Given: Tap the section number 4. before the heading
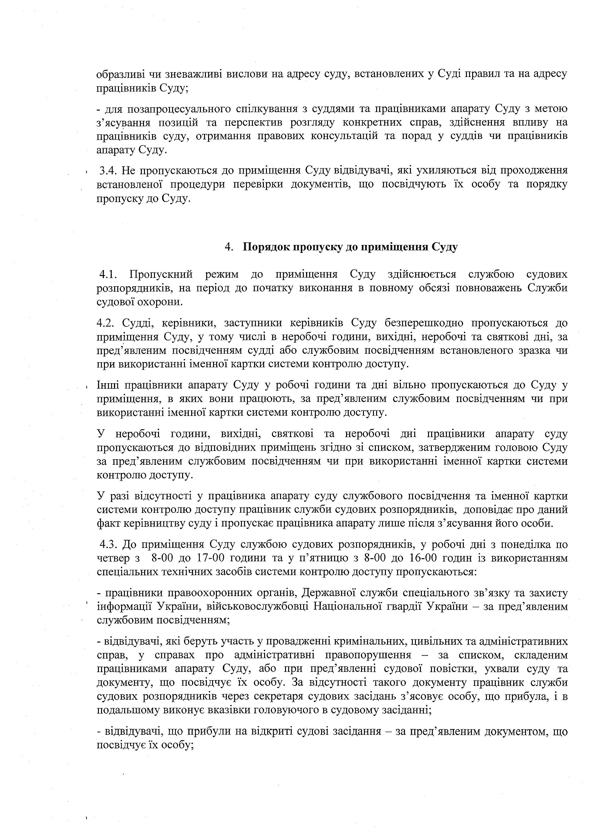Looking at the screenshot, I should (x=229, y=247).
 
